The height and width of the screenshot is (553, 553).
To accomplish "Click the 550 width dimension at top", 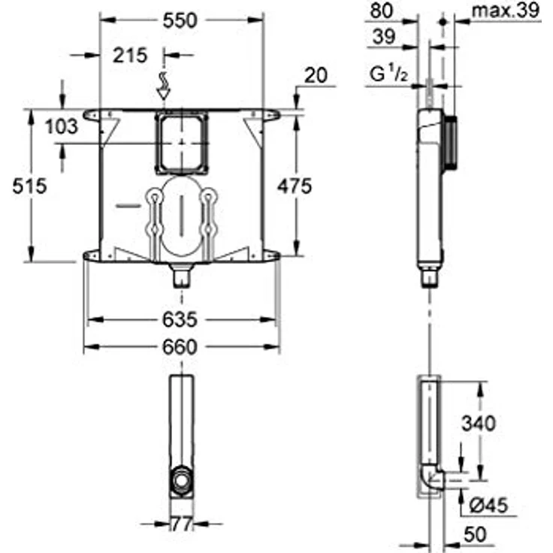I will point(181,20).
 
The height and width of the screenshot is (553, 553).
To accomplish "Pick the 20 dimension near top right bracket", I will point(315,74).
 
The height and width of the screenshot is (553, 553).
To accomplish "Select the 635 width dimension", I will point(181,320).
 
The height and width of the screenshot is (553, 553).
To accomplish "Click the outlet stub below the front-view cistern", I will point(181,276).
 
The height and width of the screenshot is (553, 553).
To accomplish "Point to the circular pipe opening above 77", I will point(181,479).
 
